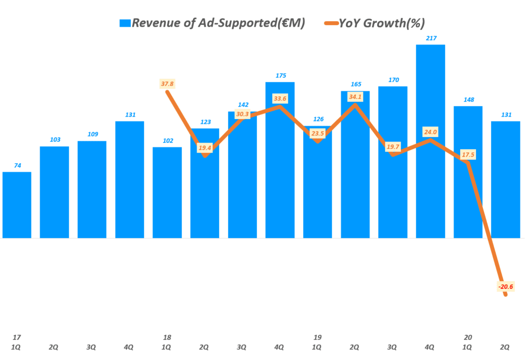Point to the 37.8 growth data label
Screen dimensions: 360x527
[167, 83]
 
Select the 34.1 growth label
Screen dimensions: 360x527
[355, 97]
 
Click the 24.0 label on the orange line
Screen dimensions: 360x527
[430, 132]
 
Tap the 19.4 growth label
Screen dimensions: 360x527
[205, 148]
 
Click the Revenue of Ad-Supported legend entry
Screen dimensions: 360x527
[218, 23]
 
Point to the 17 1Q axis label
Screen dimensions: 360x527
[16, 342]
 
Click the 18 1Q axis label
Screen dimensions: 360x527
[167, 342]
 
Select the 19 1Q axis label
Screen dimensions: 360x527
[318, 342]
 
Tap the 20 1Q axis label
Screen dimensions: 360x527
[468, 342]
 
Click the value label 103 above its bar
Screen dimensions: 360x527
[55, 140]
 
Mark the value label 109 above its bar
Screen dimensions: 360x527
[92, 134]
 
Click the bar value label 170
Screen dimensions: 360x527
[393, 80]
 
